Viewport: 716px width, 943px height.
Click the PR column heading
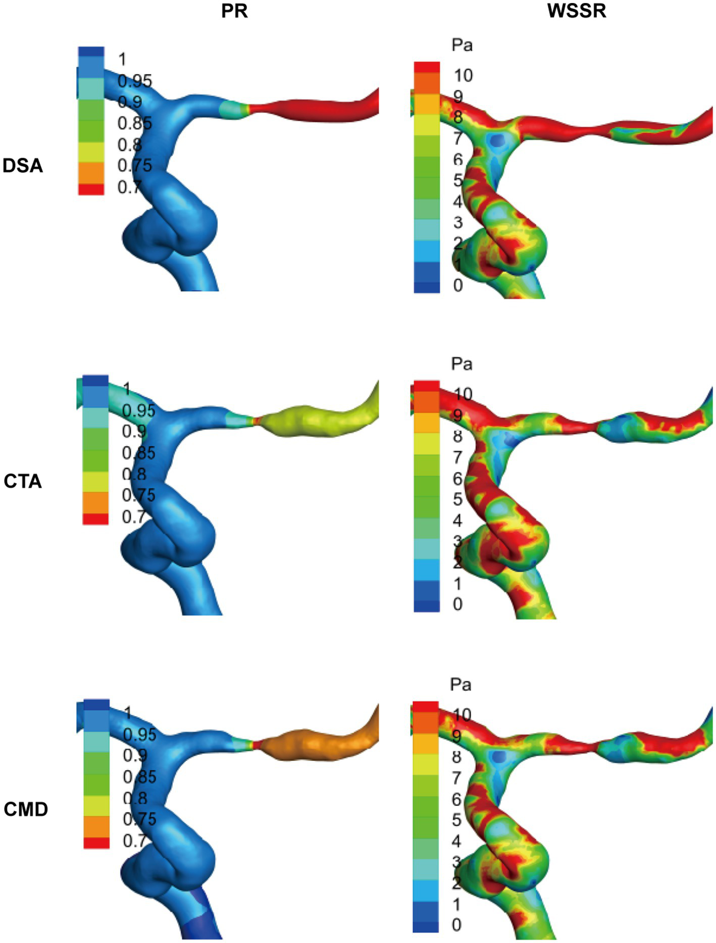pyautogui.click(x=234, y=11)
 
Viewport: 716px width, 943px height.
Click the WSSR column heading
pyautogui.click(x=577, y=11)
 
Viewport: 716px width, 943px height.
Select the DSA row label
pyautogui.click(x=23, y=166)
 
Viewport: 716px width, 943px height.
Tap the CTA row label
pyautogui.click(x=23, y=481)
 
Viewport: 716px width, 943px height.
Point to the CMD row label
pyautogui.click(x=26, y=809)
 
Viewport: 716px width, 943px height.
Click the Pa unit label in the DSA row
pyautogui.click(x=462, y=45)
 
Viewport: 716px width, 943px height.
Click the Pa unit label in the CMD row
pyautogui.click(x=461, y=685)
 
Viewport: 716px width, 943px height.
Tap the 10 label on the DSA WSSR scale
pyautogui.click(x=463, y=76)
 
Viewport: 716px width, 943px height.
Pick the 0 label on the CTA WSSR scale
pyautogui.click(x=457, y=604)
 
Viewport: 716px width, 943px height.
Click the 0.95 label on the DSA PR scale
pyautogui.click(x=134, y=81)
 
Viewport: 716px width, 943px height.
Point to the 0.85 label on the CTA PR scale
pyautogui.click(x=138, y=453)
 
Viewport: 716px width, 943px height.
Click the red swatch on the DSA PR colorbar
pyautogui.click(x=91, y=189)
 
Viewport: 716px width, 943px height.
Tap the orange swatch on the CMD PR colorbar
pyautogui.click(x=96, y=826)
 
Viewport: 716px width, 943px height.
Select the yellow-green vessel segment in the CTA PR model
pyautogui.click(x=318, y=420)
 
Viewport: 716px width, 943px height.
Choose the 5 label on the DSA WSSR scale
pyautogui.click(x=458, y=180)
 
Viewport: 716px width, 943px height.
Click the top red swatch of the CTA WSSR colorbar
pyautogui.click(x=427, y=386)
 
